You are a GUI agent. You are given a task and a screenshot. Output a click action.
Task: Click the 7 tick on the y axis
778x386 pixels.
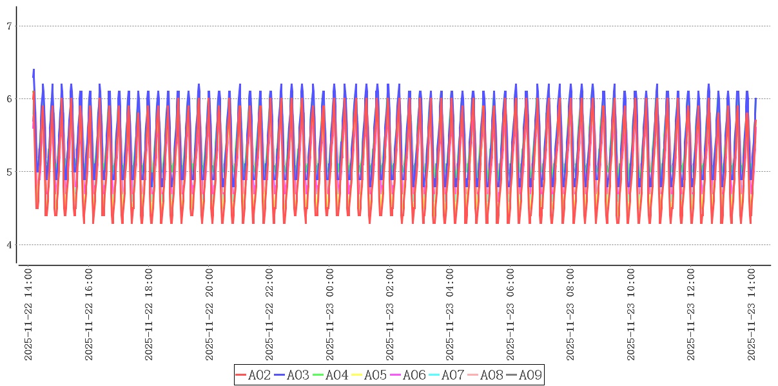point(9,26)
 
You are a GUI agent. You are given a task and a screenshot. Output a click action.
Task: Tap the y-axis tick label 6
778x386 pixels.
point(9,99)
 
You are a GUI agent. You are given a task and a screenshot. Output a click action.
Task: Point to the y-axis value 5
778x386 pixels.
point(9,172)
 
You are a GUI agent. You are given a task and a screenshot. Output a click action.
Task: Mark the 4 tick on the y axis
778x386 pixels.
point(9,245)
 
